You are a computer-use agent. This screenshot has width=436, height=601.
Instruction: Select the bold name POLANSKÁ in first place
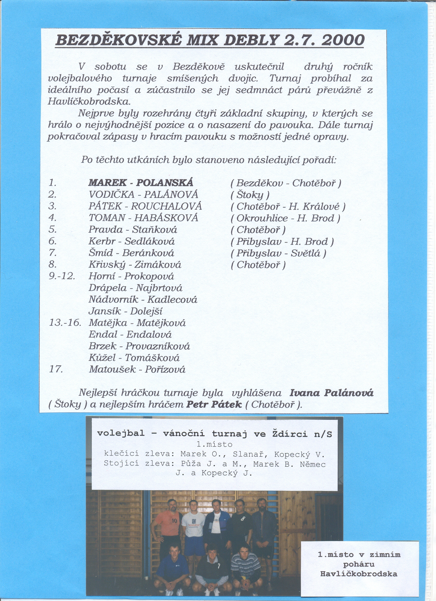click(165, 183)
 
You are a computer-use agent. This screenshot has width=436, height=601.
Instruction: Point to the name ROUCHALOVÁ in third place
click(166, 206)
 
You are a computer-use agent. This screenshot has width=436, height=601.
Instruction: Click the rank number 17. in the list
click(56, 369)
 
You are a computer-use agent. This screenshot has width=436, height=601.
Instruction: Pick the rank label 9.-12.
click(62, 276)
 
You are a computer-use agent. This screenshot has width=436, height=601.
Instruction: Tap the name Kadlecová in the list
click(172, 300)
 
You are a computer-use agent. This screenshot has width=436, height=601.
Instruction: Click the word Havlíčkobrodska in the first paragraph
click(89, 101)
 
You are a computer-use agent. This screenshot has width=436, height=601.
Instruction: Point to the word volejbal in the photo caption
click(121, 433)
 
